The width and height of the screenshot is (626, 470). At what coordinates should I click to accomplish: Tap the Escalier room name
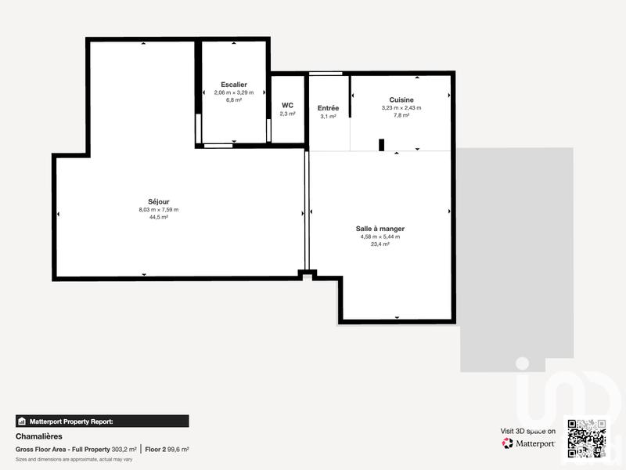[234, 84]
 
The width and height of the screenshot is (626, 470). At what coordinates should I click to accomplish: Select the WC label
[287, 104]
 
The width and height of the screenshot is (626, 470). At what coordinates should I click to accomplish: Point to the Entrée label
[328, 107]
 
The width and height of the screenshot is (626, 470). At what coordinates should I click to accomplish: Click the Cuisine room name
[401, 99]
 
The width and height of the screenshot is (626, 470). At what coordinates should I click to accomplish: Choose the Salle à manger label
[380, 228]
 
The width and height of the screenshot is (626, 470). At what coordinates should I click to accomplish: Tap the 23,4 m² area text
[380, 244]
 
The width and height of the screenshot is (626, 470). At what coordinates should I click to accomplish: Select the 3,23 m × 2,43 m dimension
[401, 107]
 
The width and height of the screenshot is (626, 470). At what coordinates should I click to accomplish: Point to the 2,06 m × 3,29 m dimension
[234, 92]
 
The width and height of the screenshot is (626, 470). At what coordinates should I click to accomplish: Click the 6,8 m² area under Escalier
[234, 99]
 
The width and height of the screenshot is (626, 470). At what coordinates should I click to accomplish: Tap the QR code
[587, 440]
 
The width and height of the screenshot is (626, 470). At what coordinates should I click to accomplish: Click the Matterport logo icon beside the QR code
[508, 443]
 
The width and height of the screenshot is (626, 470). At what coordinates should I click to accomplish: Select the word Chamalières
[38, 436]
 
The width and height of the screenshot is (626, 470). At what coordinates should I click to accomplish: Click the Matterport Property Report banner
[102, 421]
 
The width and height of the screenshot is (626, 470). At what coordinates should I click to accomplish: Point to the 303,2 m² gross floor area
[124, 450]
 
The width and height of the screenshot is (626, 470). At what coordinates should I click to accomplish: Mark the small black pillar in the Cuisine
[381, 144]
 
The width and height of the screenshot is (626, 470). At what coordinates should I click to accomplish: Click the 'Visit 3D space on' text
[528, 431]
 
